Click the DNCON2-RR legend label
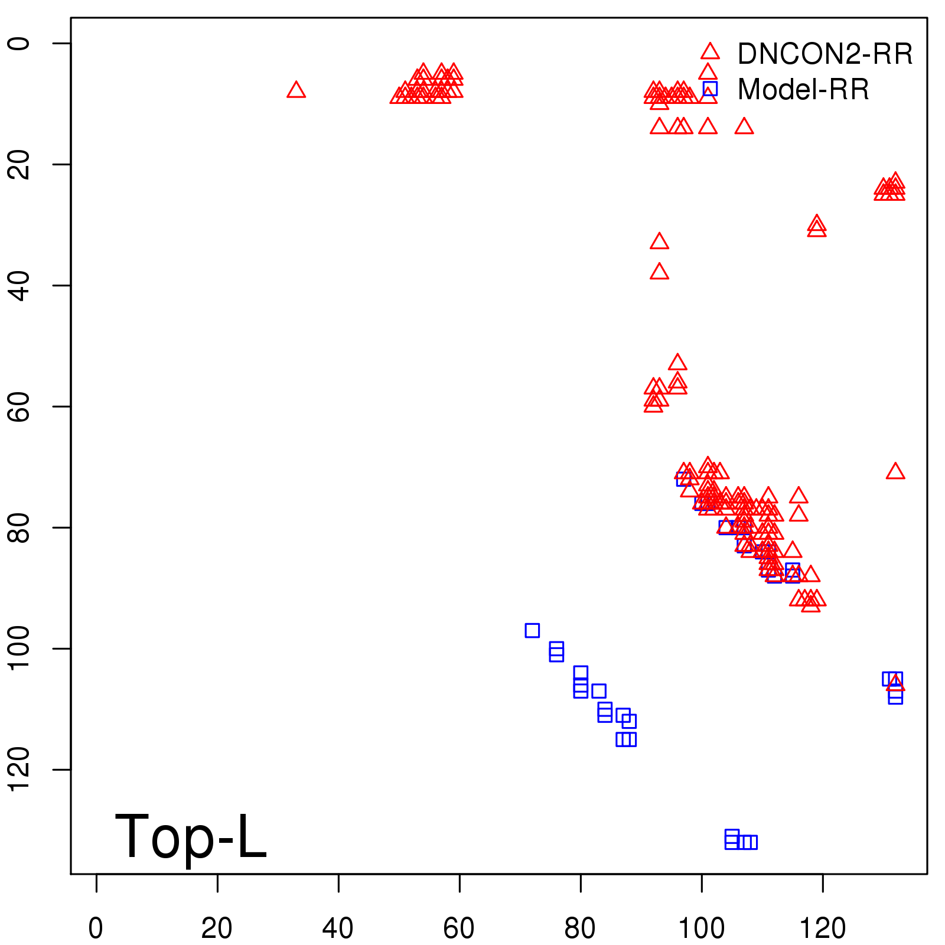click(x=825, y=54)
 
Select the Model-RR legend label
click(x=803, y=90)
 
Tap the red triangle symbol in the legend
click(x=710, y=51)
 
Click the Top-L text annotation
click(x=190, y=836)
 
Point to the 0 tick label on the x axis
click(x=96, y=928)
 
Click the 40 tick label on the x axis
click(x=338, y=928)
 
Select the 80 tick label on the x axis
click(x=580, y=928)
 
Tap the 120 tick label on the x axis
click(x=822, y=928)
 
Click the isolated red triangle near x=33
click(x=296, y=90)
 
